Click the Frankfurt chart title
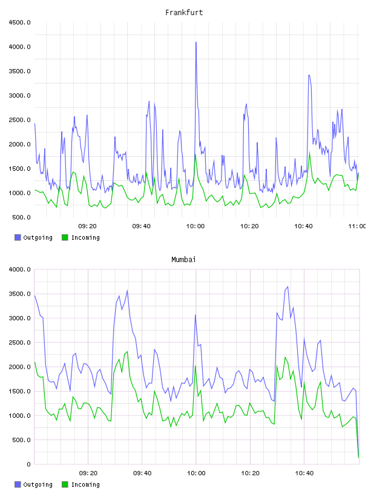coord(184,13)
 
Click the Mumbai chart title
coord(183,260)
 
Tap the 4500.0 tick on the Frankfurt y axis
coord(19,22)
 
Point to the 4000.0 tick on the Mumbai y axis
coord(19,269)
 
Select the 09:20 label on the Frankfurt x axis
coord(87,226)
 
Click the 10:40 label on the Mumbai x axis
coord(304,473)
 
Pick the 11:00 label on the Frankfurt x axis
coord(357,226)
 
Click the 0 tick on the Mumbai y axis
coord(28,464)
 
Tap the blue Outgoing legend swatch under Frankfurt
coord(18,237)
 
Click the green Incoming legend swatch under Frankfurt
coord(65,237)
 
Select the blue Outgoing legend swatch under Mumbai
coord(18,484)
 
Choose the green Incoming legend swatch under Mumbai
coord(65,484)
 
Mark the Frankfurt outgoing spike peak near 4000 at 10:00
coord(196,42)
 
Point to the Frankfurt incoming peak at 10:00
coord(195,154)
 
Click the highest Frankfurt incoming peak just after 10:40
coord(310,153)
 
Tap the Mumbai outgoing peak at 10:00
coord(195,315)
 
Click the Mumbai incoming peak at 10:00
coord(195,366)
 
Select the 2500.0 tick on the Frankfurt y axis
coord(19,120)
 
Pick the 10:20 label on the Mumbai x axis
coord(250,473)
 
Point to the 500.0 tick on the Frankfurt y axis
coord(21,217)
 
